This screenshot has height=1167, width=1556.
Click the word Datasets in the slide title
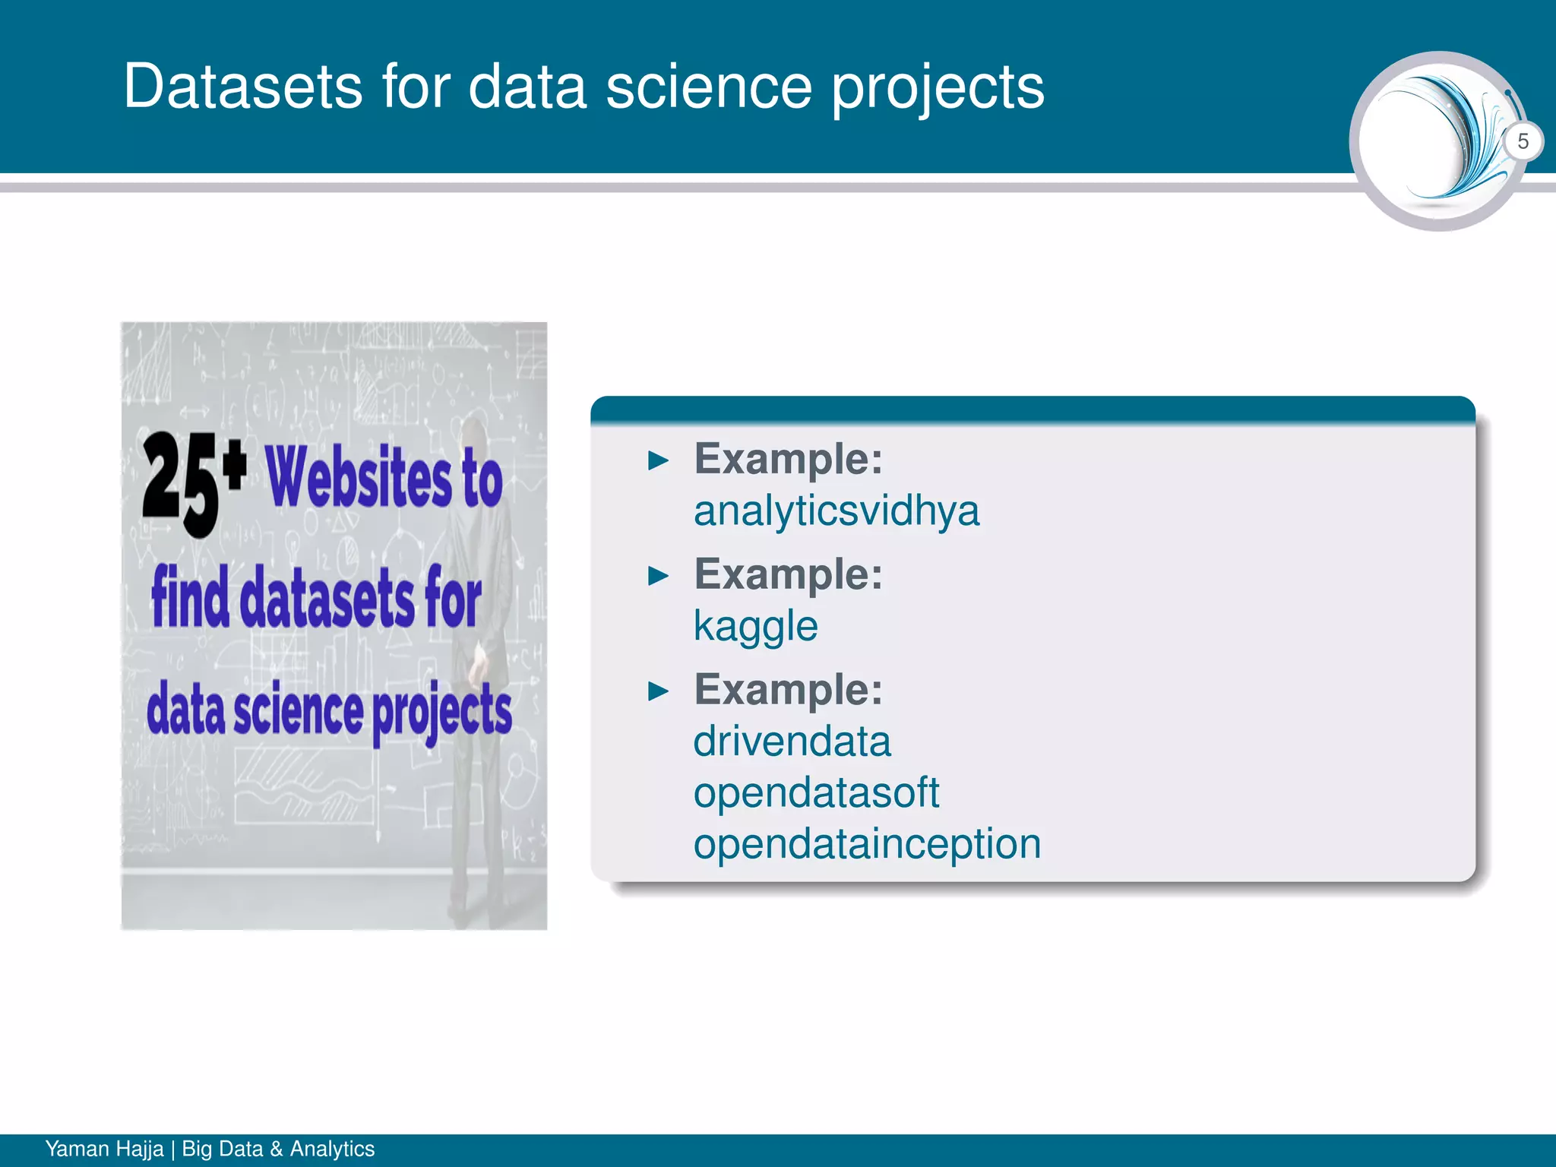click(242, 86)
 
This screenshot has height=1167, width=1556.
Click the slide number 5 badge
click(1523, 141)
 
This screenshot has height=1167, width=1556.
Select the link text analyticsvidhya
click(836, 511)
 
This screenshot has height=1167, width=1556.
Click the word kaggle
click(755, 627)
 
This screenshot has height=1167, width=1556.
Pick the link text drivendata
click(792, 741)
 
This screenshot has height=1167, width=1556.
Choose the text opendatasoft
click(816, 792)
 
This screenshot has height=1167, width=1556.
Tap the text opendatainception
click(866, 843)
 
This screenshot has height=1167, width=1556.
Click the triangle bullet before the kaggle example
click(658, 576)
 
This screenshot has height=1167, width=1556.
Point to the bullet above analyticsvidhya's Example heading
click(658, 460)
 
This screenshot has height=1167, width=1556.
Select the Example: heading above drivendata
click(788, 689)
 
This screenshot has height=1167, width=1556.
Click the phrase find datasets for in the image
click(316, 598)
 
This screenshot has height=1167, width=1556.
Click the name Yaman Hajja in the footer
click(104, 1149)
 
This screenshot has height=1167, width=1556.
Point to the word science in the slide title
click(708, 86)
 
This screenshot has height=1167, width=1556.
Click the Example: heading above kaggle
click(788, 574)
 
